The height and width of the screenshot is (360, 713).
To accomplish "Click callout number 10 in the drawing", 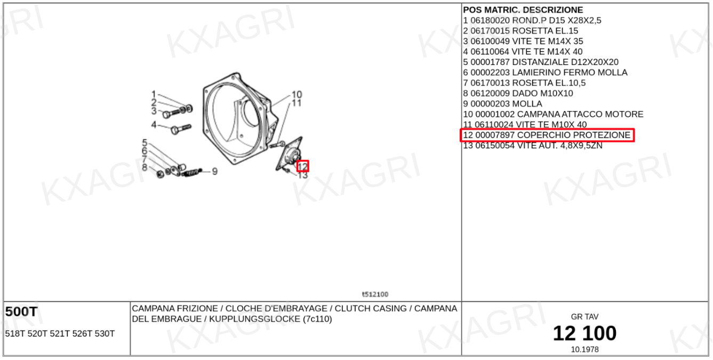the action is [297, 94].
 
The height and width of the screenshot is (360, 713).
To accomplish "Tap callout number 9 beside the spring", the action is [215, 172].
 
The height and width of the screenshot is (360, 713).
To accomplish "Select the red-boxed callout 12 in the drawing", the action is [302, 166].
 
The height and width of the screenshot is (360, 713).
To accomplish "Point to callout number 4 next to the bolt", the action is [154, 125].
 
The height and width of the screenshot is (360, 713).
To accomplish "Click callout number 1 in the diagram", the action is [154, 94].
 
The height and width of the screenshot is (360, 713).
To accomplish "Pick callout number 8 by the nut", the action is [145, 167].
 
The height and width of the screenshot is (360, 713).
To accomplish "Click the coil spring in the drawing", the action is [192, 173].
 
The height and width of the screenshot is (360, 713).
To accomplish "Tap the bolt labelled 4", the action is [181, 129].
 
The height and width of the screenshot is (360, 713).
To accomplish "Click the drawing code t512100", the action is [375, 294].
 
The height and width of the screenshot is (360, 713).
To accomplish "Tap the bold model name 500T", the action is [21, 311].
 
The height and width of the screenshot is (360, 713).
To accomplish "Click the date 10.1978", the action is [584, 349].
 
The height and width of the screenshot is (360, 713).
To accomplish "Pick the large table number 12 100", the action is [584, 333].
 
